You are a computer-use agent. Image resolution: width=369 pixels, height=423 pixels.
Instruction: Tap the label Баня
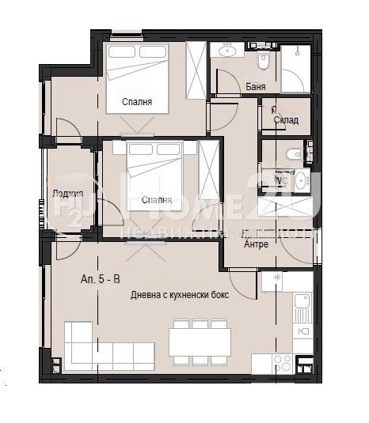click(x=256, y=87)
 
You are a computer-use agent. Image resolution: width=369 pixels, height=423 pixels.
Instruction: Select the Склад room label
click(x=286, y=119)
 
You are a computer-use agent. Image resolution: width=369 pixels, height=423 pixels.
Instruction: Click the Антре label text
click(x=256, y=244)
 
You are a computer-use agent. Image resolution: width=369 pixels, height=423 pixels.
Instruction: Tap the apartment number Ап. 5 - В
click(x=101, y=279)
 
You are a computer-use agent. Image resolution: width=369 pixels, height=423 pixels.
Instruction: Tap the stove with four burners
click(x=283, y=362)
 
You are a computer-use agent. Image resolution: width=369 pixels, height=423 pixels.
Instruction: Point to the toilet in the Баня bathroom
click(x=265, y=59)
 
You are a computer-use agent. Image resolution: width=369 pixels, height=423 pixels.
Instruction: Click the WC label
click(x=280, y=180)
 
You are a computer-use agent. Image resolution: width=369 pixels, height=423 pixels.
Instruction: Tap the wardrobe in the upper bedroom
click(x=196, y=69)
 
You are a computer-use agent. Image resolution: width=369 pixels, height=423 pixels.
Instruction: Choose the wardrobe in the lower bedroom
click(x=208, y=166)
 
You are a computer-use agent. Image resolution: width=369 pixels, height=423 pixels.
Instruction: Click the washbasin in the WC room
click(x=302, y=178)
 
